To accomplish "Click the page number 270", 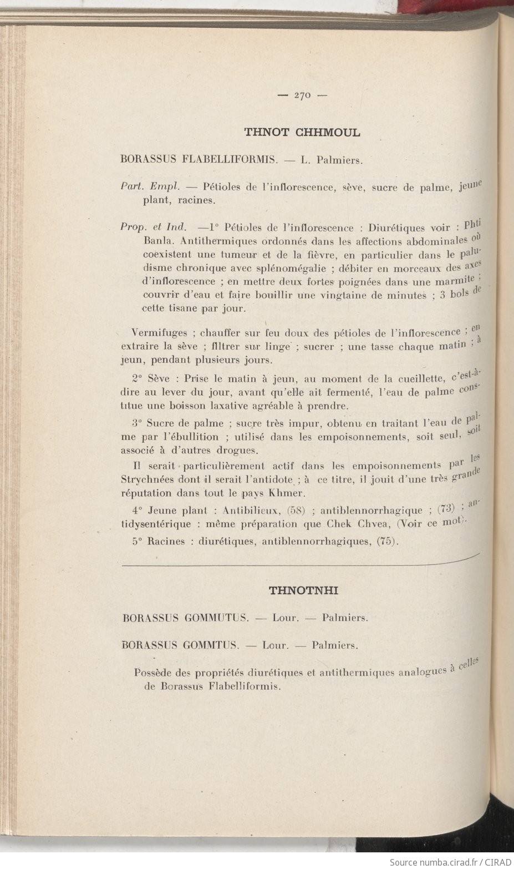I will click(302, 95).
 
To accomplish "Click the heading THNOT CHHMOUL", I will click(302, 133).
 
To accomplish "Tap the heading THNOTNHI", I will click(303, 590).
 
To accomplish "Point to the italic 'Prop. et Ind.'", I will click(152, 226).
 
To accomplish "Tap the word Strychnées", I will click(146, 480).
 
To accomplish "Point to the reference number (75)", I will click(387, 542).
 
